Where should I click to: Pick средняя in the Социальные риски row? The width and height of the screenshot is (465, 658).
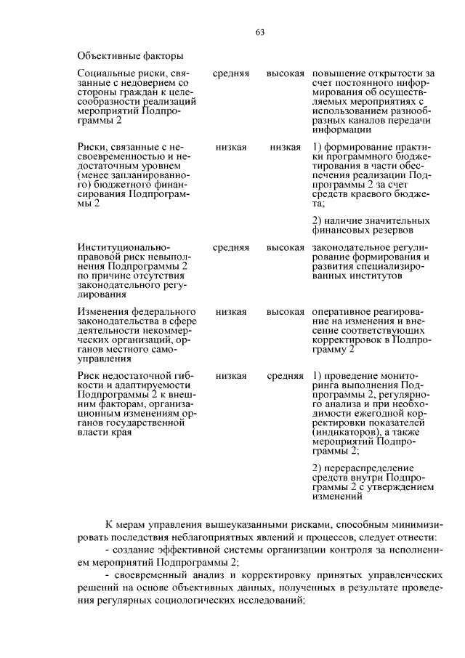point(230,74)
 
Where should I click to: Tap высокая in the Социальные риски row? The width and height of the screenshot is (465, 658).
point(285,74)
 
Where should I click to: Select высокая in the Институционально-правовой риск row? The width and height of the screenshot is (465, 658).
point(285,248)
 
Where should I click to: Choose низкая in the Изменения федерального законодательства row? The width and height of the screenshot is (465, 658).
point(230,312)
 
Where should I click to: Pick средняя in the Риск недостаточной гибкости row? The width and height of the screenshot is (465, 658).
point(285,376)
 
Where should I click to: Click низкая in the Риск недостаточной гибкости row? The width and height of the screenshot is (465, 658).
point(230,376)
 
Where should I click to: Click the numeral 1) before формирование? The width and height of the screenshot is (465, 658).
point(317,148)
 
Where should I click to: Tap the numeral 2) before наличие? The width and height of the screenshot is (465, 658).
point(317,221)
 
